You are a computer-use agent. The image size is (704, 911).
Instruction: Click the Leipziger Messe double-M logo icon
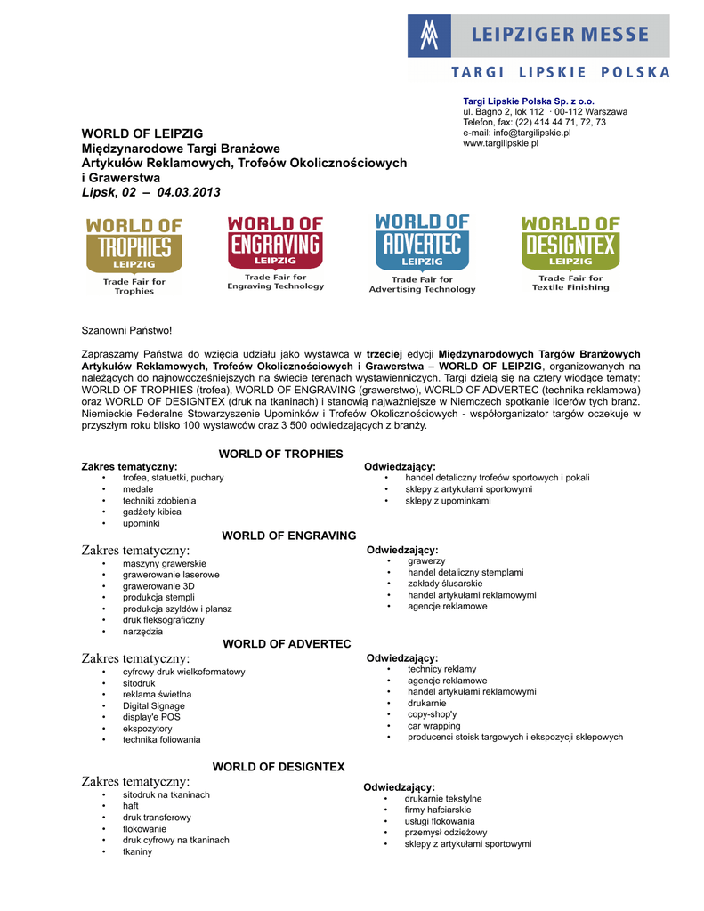tap(430, 36)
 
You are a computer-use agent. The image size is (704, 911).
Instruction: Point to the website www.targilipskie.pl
tap(500, 143)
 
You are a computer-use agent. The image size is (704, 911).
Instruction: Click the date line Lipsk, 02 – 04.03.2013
tap(150, 192)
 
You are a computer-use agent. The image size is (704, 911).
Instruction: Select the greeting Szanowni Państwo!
tap(126, 331)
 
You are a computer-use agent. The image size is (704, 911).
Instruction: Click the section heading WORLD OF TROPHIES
tap(280, 454)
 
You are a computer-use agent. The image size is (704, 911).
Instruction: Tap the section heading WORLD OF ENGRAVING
tap(288, 536)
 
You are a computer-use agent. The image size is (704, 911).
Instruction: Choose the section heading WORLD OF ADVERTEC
tap(287, 643)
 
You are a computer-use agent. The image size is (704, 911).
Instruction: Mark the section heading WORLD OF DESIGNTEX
tap(278, 766)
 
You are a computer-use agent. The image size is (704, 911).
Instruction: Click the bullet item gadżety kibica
tap(152, 512)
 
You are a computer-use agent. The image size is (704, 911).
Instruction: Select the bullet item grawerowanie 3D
tap(158, 586)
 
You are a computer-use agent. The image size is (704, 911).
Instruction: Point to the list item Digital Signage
tap(154, 705)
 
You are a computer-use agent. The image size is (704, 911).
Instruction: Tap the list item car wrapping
tap(434, 726)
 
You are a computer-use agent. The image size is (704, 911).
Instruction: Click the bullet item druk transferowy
tap(157, 817)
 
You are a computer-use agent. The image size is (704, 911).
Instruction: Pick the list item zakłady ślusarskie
tap(445, 584)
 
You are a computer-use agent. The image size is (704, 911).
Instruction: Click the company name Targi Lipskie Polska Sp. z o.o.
tap(529, 101)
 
